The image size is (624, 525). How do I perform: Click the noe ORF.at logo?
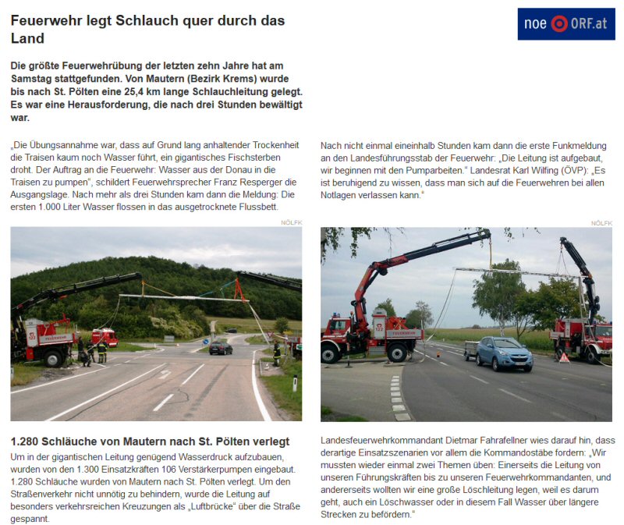pos(565,23)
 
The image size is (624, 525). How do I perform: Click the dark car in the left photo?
pos(221,348)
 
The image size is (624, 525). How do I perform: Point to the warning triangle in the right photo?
pos(564,358)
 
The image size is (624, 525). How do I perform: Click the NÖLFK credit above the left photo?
pos(291,223)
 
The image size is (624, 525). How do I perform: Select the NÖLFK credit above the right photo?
pos(601,223)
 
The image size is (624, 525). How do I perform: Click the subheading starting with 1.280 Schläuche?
pos(150,442)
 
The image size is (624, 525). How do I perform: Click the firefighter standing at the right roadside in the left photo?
pos(276,353)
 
